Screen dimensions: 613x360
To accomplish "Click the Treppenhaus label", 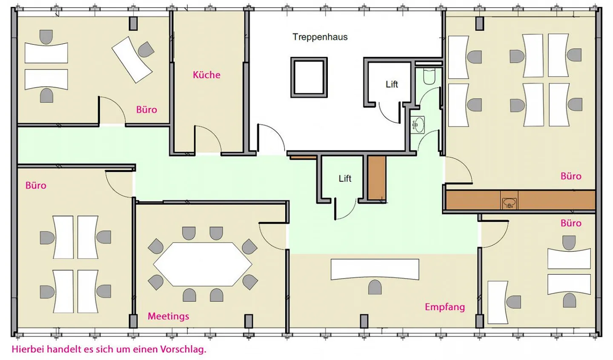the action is pos(320,37).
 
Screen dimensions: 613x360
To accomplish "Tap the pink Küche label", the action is pos(206,75).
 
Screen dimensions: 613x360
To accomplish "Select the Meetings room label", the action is pos(168,316).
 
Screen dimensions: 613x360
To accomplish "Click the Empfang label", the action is pos(445,307).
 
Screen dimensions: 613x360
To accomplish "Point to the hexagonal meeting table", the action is pos(203,264).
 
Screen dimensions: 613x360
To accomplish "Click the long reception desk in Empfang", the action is pos(375,269).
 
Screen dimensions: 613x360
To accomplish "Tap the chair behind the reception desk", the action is pos(375,287).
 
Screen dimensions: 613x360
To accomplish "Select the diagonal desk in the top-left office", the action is pos(132,60).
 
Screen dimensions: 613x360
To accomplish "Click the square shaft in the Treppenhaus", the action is pos(309,77).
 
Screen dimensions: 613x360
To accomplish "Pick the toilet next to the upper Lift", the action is pos(429,76).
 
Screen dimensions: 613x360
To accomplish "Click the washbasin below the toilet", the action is pos(418,125).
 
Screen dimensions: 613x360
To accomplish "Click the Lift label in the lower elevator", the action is pos(345,179).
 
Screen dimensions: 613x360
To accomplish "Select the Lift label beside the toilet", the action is pos(392,84).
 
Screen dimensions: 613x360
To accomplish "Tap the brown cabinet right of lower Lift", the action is pos(377,178).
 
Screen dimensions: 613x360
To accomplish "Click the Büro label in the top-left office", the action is pos(146,110).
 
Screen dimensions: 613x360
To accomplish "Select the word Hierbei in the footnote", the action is pos(28,349).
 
